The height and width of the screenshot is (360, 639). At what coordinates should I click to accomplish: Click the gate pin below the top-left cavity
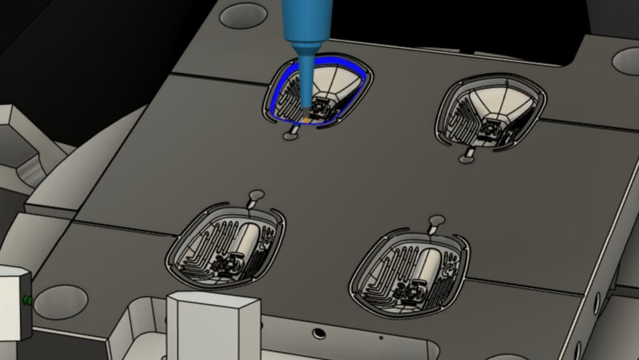290,137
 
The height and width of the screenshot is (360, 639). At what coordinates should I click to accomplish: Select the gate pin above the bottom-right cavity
436,221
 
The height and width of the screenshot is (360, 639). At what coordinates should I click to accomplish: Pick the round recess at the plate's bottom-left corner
60,301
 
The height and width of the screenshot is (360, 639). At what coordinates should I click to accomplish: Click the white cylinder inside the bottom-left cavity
246,240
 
